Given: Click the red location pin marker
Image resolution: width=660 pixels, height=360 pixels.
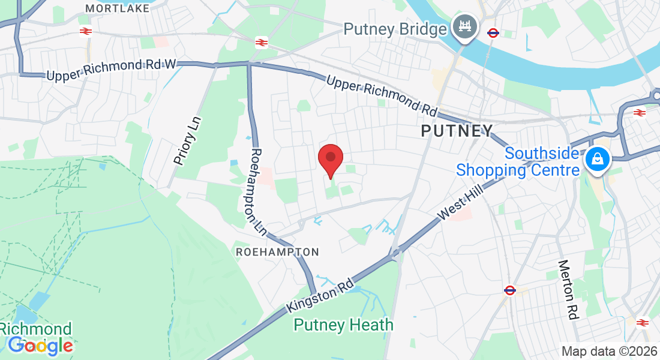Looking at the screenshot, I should (330, 159).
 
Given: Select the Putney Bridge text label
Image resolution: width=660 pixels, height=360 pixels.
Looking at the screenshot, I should (395, 28).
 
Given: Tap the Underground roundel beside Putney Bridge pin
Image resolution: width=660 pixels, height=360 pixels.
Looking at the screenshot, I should (493, 33).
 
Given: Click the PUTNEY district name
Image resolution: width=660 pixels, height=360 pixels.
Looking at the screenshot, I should (457, 130).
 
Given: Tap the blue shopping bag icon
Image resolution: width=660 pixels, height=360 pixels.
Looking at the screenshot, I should (598, 160).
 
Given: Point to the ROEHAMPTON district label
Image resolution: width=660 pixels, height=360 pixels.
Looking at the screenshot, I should (277, 252).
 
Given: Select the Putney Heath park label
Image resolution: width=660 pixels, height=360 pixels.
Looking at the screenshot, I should (343, 325).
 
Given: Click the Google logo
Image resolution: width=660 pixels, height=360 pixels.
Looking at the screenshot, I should (40, 346).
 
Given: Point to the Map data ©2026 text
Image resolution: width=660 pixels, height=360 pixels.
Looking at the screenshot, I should (609, 351).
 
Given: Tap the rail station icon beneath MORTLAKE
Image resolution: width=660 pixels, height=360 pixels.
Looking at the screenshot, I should (85, 31).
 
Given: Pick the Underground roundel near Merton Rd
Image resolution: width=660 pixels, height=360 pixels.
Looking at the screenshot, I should (510, 290).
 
